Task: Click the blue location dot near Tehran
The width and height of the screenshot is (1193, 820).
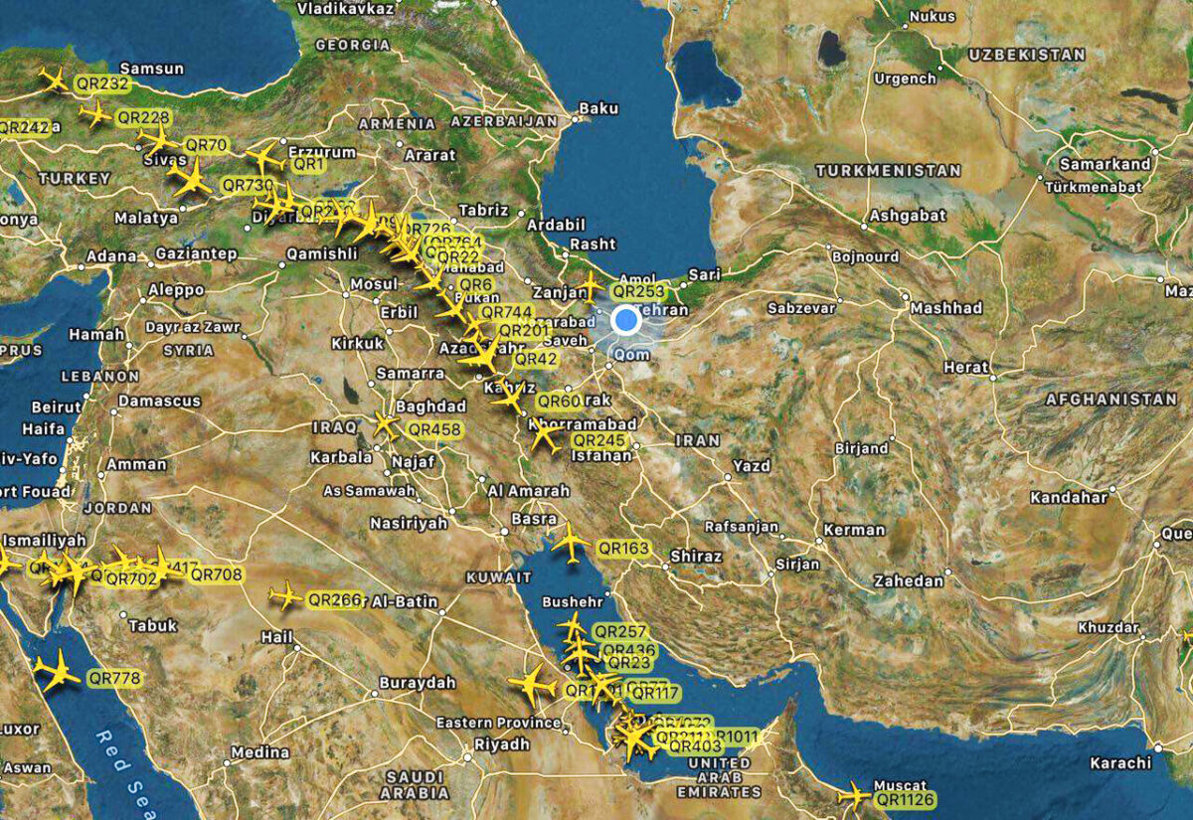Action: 625,320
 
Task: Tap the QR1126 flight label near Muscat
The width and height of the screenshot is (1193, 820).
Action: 906,799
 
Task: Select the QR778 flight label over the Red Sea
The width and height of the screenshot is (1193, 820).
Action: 114,678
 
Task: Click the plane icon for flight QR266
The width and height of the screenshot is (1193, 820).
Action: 285,596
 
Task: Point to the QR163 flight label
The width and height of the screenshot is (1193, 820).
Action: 623,548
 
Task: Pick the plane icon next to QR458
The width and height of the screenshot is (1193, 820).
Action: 385,425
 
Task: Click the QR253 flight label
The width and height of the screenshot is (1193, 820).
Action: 639,291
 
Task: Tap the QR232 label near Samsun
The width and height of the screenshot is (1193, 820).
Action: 102,84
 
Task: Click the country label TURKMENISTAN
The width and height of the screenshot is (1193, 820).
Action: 888,171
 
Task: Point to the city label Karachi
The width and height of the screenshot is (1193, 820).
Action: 1119,763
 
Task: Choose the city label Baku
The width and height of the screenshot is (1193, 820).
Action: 598,107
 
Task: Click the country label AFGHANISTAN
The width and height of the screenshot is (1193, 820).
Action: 1110,399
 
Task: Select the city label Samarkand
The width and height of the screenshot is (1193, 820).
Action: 1105,164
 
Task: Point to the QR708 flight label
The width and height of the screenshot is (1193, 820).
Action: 216,574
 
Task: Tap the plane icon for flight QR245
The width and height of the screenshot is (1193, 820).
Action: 544,437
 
